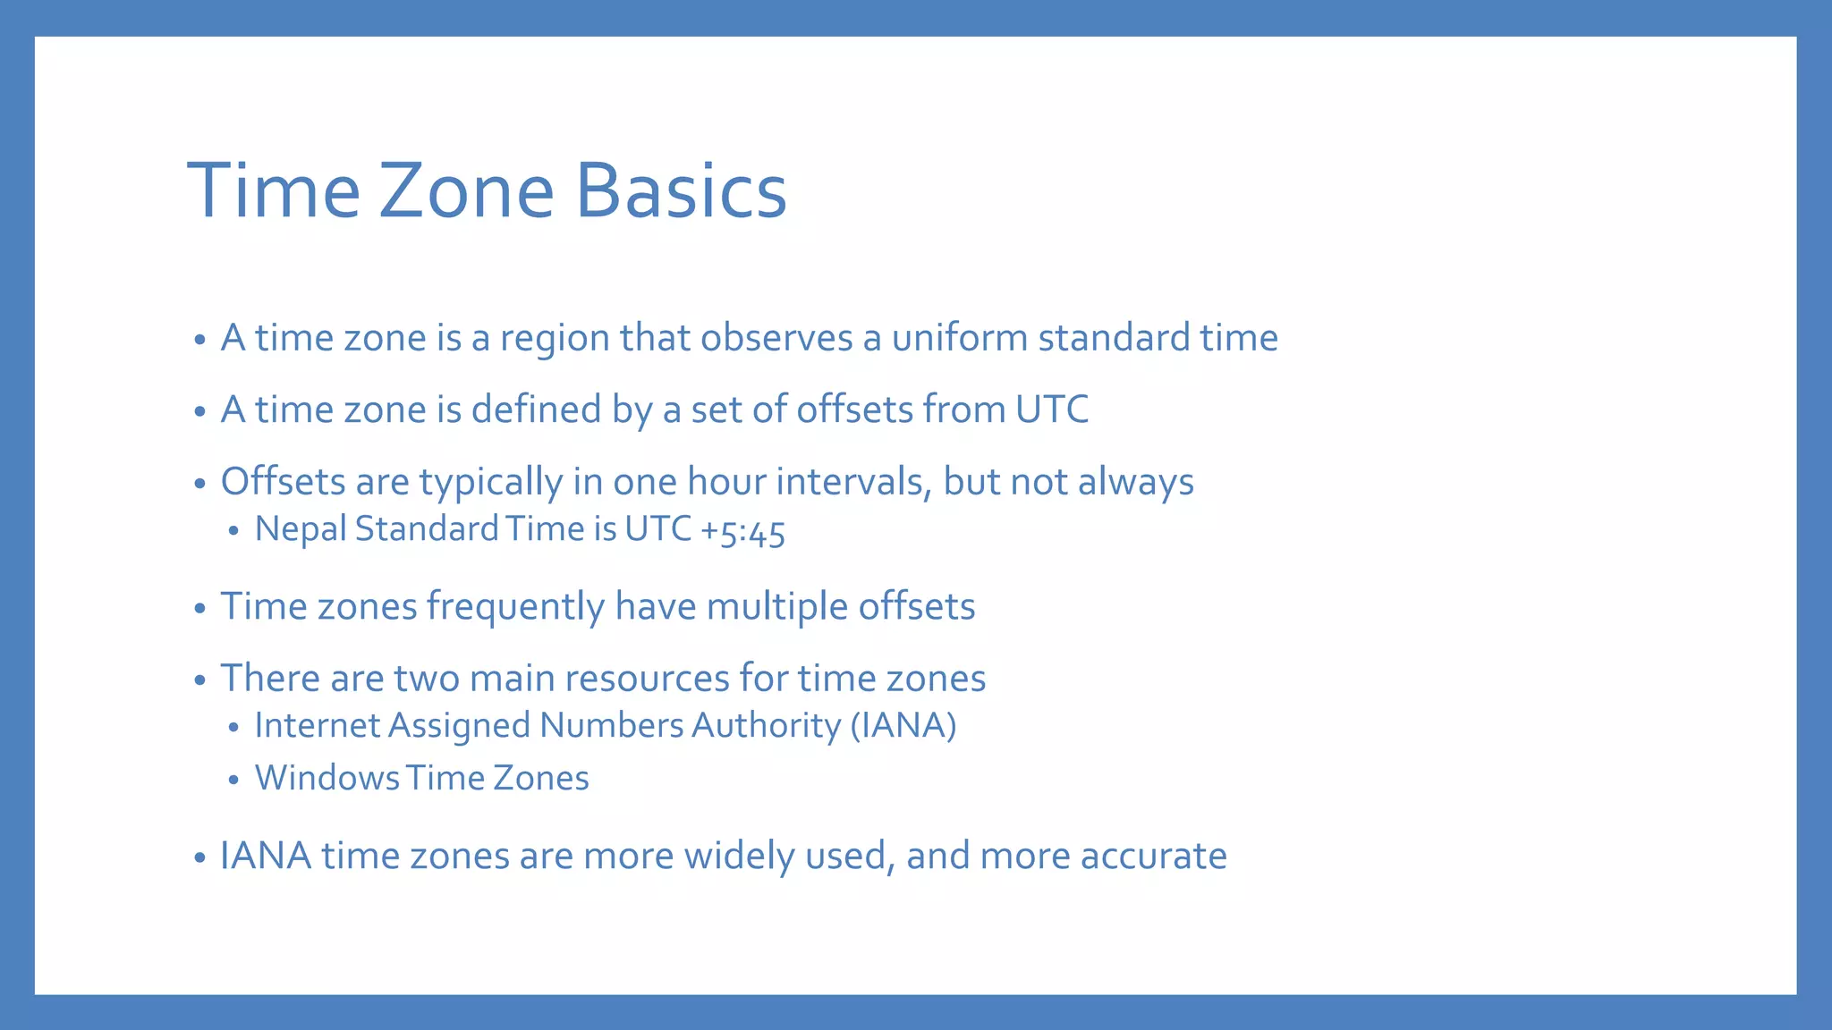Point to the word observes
(x=776, y=338)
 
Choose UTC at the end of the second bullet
(x=1052, y=409)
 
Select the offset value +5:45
(x=742, y=530)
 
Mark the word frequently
(x=515, y=606)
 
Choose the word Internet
(x=318, y=725)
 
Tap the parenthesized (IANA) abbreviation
(x=903, y=725)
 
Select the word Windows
(x=327, y=778)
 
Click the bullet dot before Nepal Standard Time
(x=233, y=531)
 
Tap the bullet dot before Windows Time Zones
(x=233, y=781)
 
